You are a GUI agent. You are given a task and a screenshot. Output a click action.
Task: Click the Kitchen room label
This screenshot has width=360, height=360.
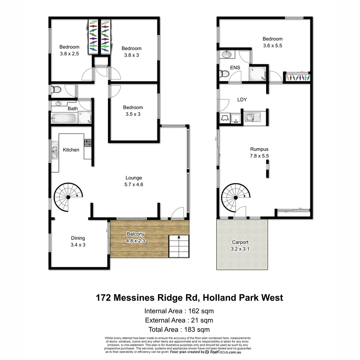(x=71, y=150)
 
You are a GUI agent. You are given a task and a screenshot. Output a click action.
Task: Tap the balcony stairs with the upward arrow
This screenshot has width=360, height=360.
(x=179, y=246)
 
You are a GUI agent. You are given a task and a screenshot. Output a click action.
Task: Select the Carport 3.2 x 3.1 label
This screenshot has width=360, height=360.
(x=240, y=245)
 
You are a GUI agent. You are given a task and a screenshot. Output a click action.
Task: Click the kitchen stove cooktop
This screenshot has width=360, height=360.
(x=88, y=143)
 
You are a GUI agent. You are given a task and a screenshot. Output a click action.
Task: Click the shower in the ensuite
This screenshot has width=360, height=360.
(x=259, y=73)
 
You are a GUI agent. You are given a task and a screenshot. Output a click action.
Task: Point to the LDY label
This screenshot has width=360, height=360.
(x=242, y=100)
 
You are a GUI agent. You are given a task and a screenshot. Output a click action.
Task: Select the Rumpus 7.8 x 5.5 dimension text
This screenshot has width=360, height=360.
(x=259, y=156)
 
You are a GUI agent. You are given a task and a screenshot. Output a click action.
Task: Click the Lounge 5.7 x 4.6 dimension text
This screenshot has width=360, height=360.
(x=134, y=184)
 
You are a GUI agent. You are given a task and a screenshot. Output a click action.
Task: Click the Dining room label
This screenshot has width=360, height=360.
(x=78, y=238)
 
